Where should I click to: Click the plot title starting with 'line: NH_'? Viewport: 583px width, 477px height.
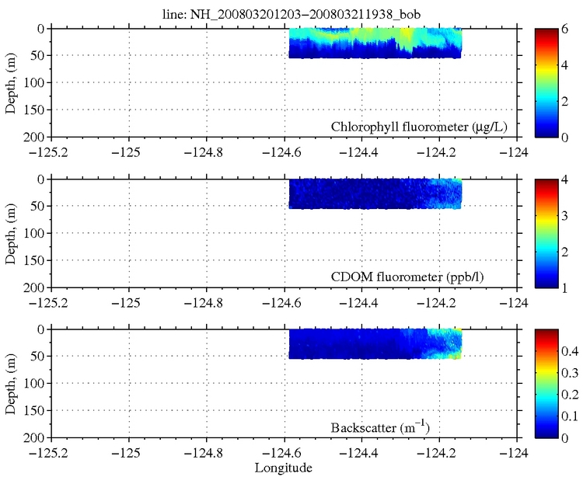[291, 11]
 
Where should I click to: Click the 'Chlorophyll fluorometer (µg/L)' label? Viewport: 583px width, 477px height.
[418, 127]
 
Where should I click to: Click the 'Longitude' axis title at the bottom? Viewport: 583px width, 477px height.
[285, 467]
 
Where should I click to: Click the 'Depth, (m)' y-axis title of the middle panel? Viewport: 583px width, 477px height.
[11, 232]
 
